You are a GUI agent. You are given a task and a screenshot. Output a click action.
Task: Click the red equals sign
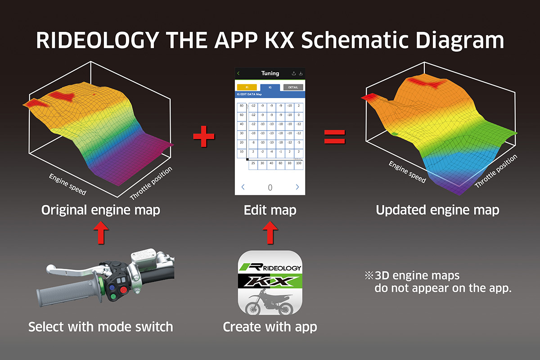tap(334, 136)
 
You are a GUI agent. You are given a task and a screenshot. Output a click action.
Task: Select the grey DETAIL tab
tap(293, 87)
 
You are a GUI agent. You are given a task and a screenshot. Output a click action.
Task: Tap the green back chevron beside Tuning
tap(238, 73)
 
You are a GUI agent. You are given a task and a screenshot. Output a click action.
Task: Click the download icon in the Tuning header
tap(301, 73)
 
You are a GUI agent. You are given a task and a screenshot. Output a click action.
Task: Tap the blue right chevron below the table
tap(297, 187)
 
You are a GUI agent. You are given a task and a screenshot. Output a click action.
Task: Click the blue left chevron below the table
tap(243, 187)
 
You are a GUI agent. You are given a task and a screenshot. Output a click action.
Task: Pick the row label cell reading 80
tap(242, 106)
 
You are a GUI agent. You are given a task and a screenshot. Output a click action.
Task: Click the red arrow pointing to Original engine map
tap(101, 234)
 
